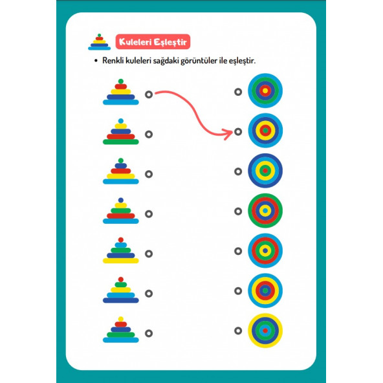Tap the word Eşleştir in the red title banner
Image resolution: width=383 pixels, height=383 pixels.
tap(170, 42)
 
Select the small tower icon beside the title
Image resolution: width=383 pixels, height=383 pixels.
tap(99, 42)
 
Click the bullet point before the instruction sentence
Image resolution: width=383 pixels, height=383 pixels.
tap(96, 60)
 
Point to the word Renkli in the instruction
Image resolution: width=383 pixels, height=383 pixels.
tap(113, 60)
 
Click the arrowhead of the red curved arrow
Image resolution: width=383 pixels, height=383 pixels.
tap(228, 134)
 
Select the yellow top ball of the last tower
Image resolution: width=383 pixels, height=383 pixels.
tap(121, 319)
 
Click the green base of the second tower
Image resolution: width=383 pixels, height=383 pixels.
tap(121, 142)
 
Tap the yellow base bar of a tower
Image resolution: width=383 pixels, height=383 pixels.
tap(121, 261)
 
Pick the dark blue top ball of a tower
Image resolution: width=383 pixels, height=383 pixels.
tap(121, 200)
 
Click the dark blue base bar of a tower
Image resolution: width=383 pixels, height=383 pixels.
tap(121, 300)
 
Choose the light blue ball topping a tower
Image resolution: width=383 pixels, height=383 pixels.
tap(121, 121)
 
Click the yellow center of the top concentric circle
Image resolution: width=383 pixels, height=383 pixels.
tap(265, 91)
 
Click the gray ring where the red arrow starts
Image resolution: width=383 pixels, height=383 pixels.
tap(149, 94)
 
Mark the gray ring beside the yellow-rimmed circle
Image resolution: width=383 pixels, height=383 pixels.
tap(238, 331)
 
